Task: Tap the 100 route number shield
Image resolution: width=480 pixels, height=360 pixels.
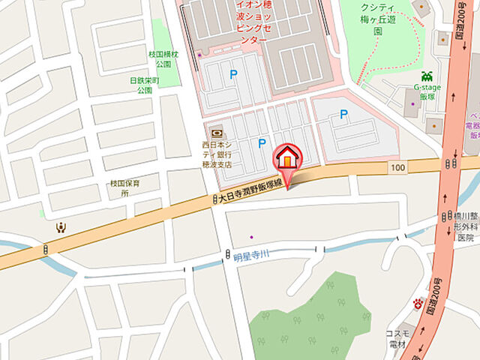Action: pos(397,166)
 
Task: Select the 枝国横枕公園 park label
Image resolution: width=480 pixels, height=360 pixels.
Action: pos(164,59)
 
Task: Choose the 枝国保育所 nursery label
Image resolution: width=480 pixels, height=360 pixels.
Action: pos(120,187)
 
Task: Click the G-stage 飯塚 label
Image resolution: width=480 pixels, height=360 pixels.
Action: pos(426,93)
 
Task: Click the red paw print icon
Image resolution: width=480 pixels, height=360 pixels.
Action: pos(418,304)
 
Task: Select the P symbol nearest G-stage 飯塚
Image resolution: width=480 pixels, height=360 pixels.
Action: pos(343,115)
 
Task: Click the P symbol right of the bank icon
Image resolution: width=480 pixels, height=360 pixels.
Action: pos(262,142)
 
